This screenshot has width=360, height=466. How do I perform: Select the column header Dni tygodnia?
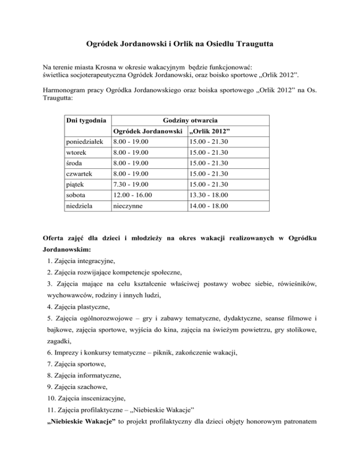click(x=84, y=120)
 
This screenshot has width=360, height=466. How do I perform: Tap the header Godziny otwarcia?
click(x=191, y=120)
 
